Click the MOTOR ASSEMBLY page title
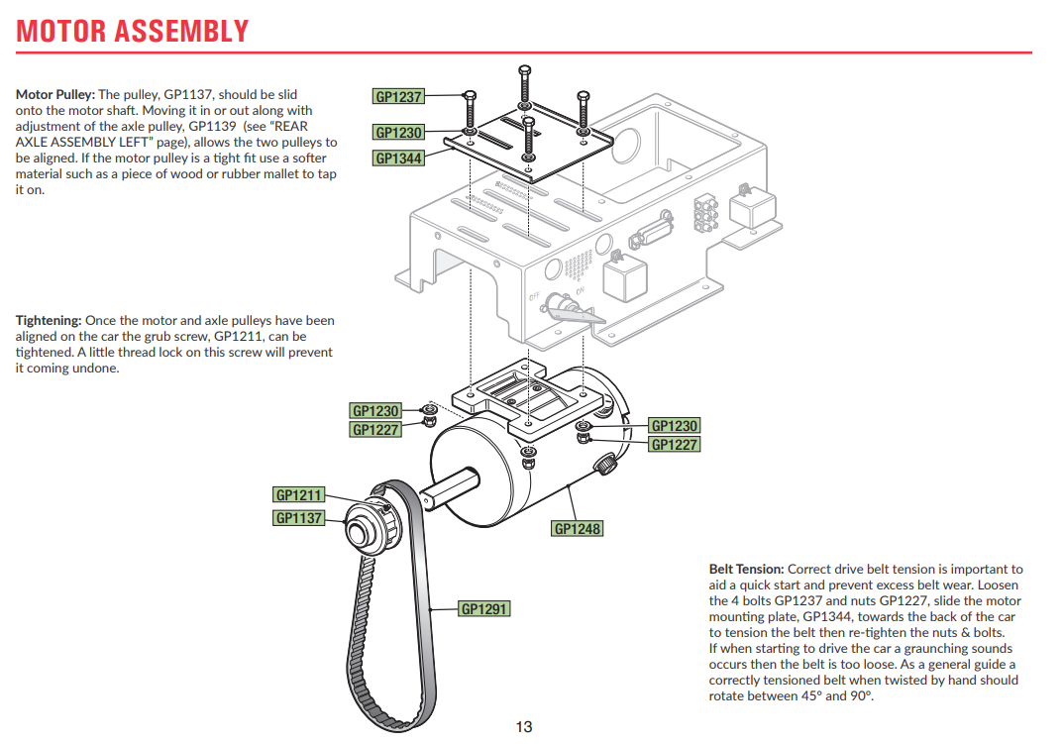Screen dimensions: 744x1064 (x=132, y=31)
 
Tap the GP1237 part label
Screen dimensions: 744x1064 (x=398, y=97)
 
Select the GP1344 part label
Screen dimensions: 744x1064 (x=398, y=158)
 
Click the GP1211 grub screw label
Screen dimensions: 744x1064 (x=299, y=494)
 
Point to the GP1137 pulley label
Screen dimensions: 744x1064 (x=299, y=517)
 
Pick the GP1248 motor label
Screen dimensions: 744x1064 (x=577, y=528)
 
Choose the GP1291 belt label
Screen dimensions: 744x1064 (x=484, y=608)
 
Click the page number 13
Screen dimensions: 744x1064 (x=524, y=727)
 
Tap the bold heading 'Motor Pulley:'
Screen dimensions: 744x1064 (x=55, y=95)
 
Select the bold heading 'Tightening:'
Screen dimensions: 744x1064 (x=49, y=321)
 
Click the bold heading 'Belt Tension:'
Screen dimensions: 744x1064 (x=746, y=570)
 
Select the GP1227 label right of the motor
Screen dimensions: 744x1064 (x=674, y=445)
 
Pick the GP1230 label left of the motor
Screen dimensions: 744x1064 (x=375, y=410)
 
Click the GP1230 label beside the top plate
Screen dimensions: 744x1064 (x=398, y=133)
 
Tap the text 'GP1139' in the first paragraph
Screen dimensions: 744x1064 (x=221, y=127)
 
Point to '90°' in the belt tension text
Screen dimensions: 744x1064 (x=861, y=695)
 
